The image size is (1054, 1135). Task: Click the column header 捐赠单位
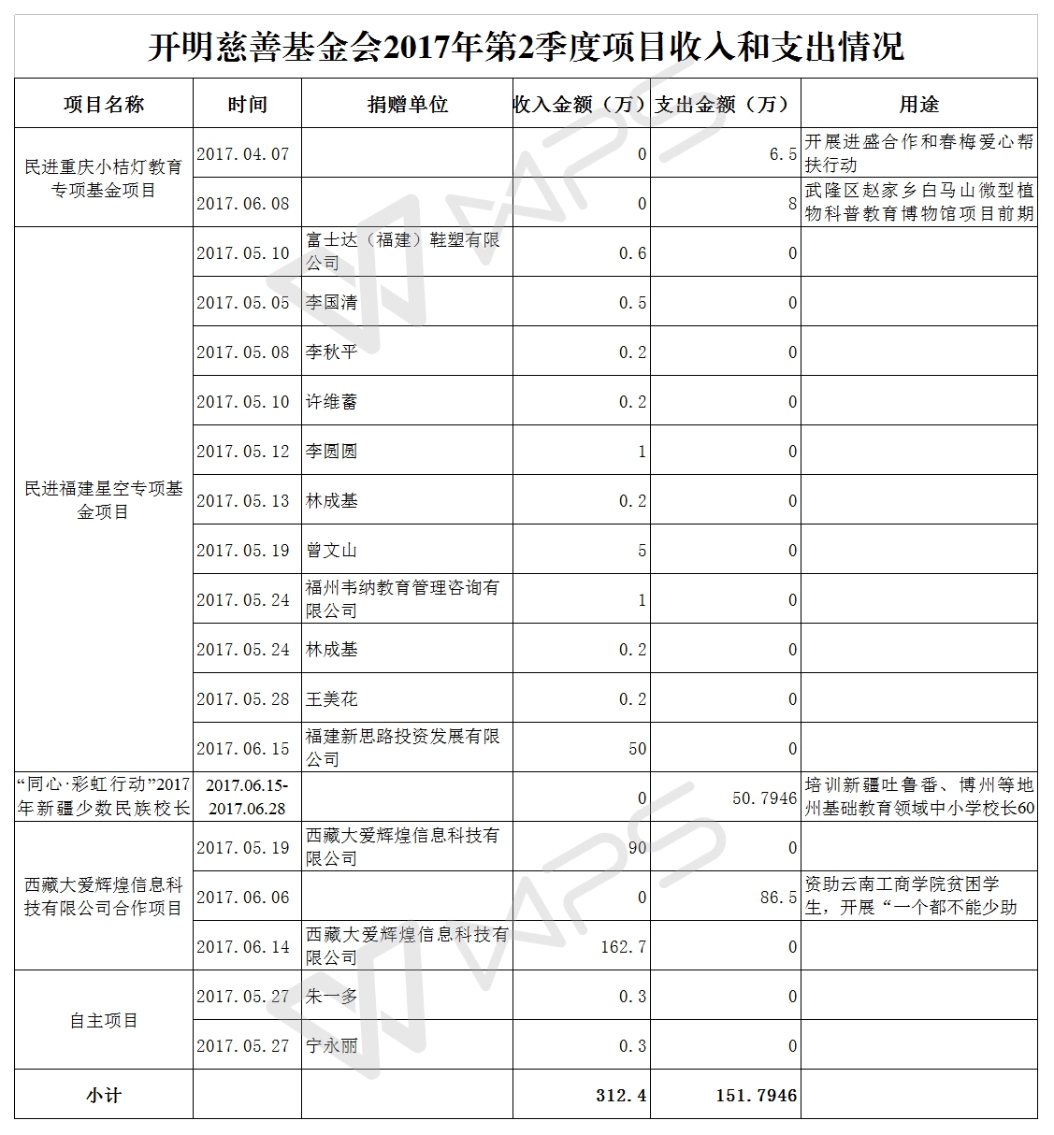(407, 105)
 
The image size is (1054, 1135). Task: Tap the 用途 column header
(918, 105)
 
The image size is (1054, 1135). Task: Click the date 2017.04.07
(243, 154)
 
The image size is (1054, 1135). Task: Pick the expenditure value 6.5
(783, 154)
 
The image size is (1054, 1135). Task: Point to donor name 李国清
(332, 303)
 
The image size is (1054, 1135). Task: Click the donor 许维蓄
(332, 402)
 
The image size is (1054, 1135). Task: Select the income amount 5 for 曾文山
(642, 551)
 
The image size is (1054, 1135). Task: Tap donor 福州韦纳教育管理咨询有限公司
(402, 599)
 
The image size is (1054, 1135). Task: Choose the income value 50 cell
(637, 749)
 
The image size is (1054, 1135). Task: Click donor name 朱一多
(332, 997)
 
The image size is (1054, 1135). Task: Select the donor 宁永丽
(332, 1046)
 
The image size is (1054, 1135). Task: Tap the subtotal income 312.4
(621, 1095)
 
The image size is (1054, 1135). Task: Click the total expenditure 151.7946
(757, 1095)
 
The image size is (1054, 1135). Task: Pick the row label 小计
(103, 1095)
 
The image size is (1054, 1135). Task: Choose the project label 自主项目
(103, 1021)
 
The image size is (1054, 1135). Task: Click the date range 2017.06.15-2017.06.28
(247, 797)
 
